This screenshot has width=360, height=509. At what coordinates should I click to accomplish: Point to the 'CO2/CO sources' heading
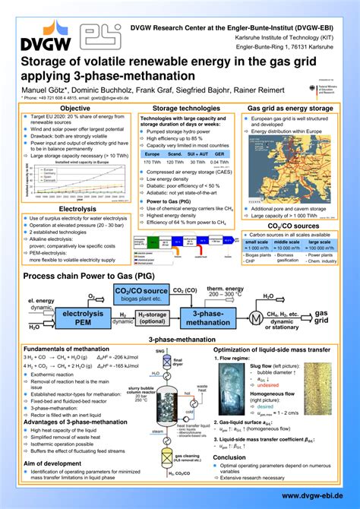point(294,226)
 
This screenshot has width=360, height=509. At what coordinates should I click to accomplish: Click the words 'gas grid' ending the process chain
point(322,317)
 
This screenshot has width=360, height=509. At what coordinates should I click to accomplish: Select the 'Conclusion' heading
point(229,457)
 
